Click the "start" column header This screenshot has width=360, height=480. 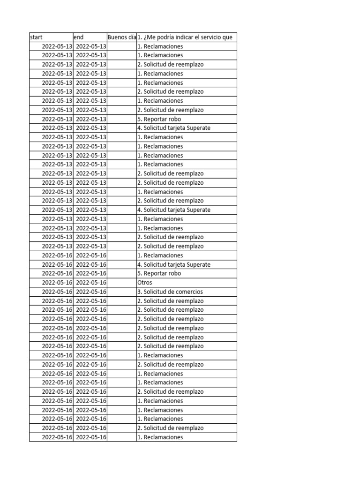pyautogui.click(x=36, y=37)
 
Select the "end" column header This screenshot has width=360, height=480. pyautogui.click(x=79, y=37)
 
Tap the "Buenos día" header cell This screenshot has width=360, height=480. pyautogui.click(x=121, y=37)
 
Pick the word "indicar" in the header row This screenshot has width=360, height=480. pyautogui.click(x=187, y=37)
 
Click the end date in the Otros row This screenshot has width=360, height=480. pyautogui.click(x=91, y=283)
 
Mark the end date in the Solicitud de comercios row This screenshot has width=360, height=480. pyautogui.click(x=91, y=292)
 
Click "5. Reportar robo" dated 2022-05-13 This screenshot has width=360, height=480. pyautogui.click(x=159, y=119)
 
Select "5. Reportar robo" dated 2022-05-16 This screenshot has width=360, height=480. pyautogui.click(x=159, y=273)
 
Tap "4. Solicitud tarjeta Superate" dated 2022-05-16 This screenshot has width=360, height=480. pyautogui.click(x=174, y=264)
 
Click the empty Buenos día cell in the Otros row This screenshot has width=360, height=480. pyautogui.click(x=121, y=283)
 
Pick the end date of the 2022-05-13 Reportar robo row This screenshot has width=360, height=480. pyautogui.click(x=91, y=119)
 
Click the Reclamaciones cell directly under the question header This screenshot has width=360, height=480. pyautogui.click(x=160, y=46)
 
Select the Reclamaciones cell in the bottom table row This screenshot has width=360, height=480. pyautogui.click(x=160, y=437)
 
